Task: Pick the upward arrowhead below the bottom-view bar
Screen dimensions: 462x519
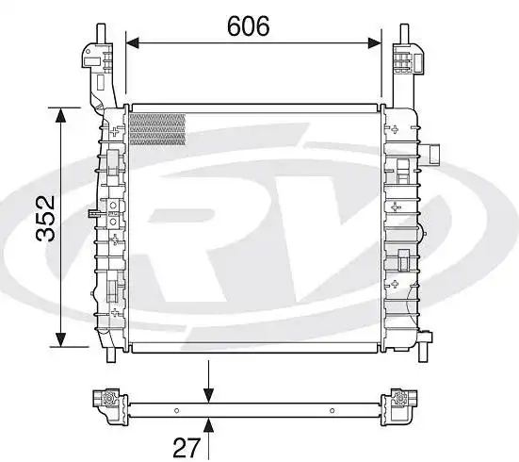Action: click(209, 420)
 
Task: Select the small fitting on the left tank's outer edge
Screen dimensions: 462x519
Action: click(92, 214)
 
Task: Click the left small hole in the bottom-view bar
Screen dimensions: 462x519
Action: click(177, 408)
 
